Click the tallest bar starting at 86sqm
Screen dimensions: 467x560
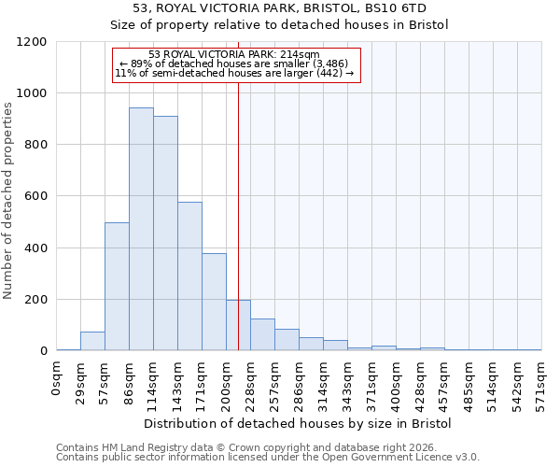click(x=141, y=229)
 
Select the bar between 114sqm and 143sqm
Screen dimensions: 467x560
click(x=165, y=233)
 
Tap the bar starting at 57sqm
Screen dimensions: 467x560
click(x=117, y=287)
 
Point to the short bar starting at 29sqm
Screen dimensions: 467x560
click(x=92, y=341)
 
